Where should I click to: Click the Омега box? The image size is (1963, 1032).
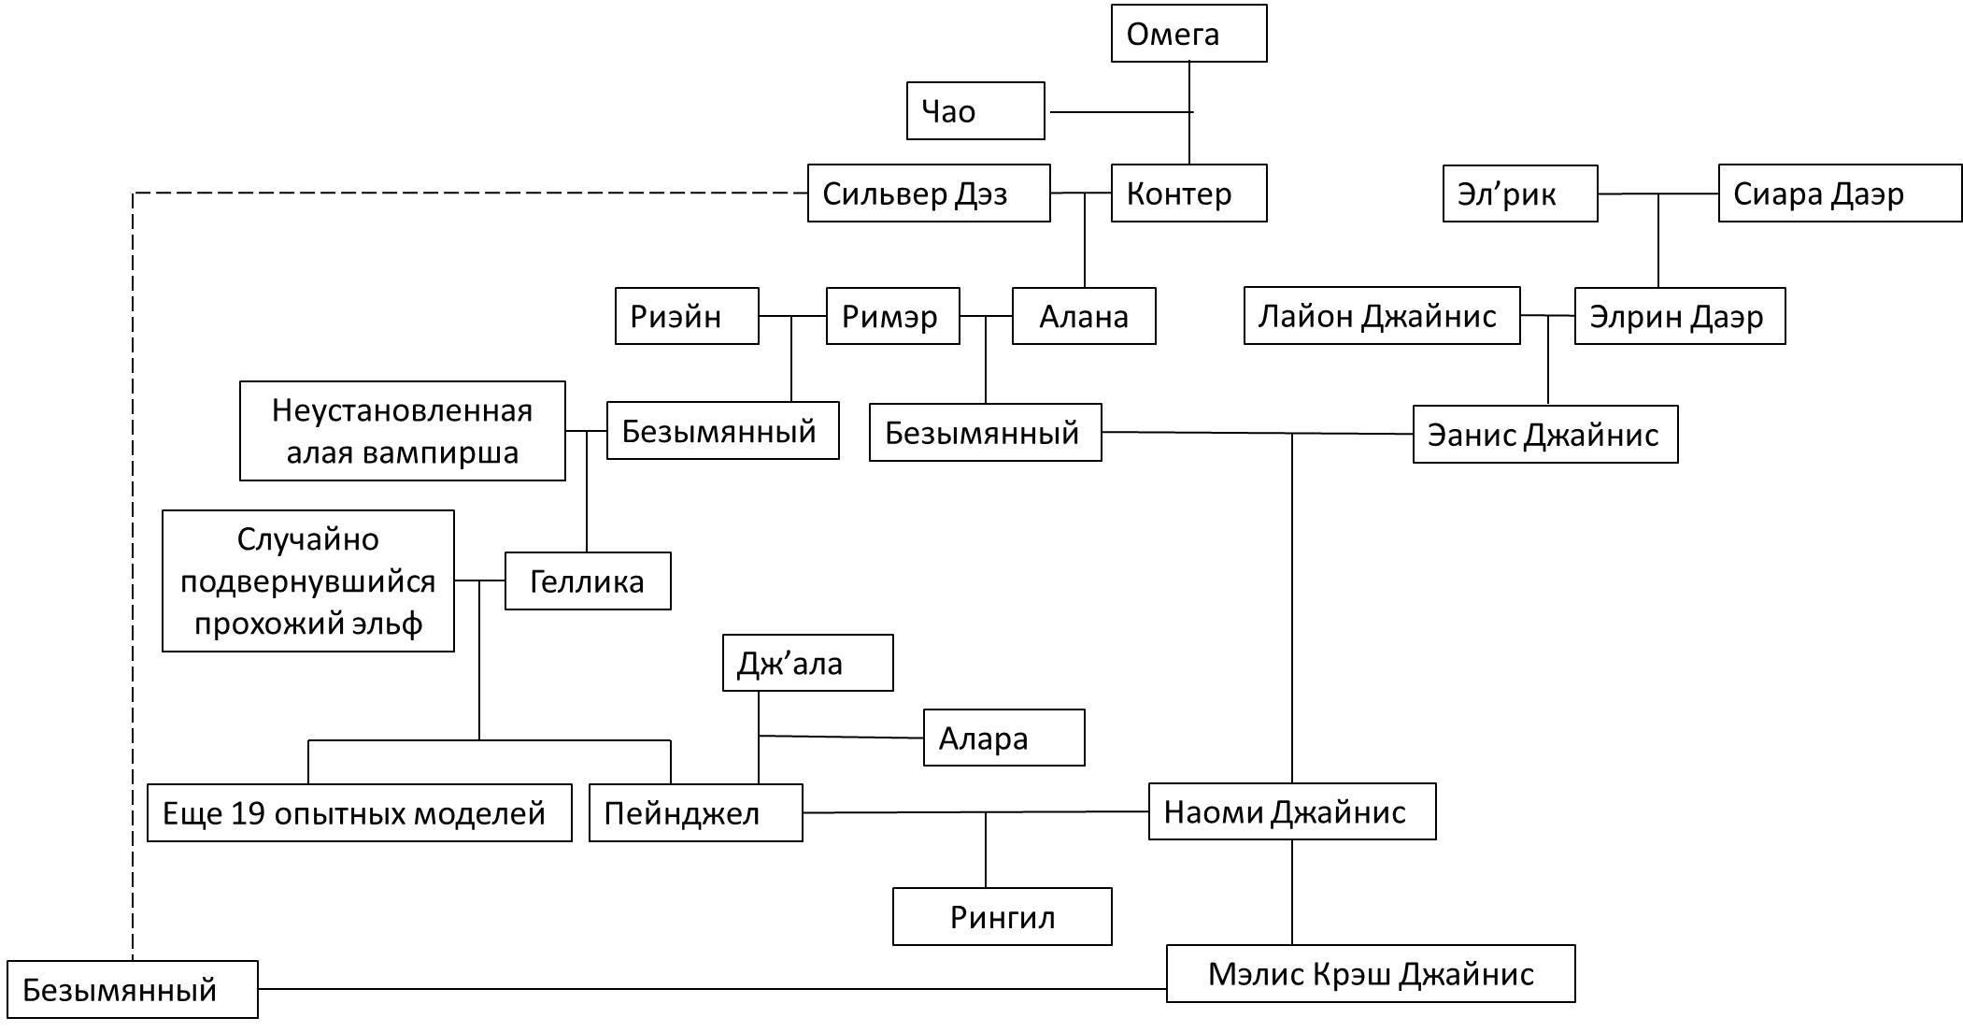[x=1188, y=34]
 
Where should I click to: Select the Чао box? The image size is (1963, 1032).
[x=975, y=111]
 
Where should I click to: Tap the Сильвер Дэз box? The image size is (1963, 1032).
[x=929, y=193]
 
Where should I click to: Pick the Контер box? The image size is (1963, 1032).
[x=1188, y=193]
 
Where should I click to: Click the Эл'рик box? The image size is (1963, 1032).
[x=1520, y=193]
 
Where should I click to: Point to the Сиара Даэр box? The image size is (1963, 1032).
[x=1840, y=193]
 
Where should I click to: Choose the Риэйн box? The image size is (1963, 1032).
[x=687, y=316]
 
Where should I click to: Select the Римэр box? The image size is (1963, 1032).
[x=892, y=316]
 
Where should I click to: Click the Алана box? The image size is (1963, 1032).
[x=1084, y=316]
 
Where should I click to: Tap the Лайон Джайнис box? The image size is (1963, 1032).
[x=1382, y=316]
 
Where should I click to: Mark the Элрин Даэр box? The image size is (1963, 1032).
[x=1680, y=316]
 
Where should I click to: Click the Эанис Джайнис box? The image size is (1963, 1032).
[x=1545, y=434]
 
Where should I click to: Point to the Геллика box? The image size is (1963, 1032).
[x=588, y=581]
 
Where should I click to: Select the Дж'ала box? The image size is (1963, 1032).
[x=807, y=663]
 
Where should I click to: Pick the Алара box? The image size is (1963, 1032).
[x=1003, y=738]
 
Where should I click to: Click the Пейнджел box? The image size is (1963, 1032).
[x=695, y=812]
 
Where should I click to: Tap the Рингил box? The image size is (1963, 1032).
[x=1003, y=917]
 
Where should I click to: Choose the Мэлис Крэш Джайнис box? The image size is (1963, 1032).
[x=1371, y=974]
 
